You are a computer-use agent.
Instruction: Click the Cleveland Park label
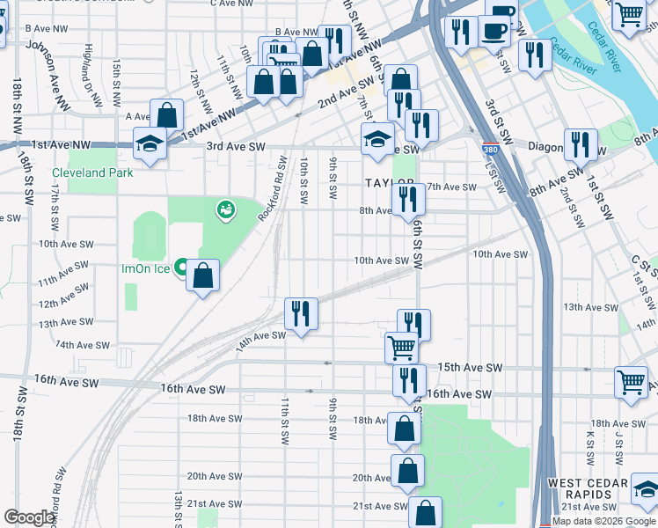92,172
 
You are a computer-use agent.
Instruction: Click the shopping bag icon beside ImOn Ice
202,276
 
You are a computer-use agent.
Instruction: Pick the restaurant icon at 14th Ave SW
301,313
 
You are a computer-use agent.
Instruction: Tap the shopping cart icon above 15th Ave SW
401,348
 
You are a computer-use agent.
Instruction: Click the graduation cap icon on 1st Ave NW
150,143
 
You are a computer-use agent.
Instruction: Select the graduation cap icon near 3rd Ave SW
377,139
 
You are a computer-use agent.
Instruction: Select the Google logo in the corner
30,517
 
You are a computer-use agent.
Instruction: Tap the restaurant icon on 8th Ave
407,199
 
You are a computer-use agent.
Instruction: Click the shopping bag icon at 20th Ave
407,470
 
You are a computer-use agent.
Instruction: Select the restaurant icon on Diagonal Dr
580,143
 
